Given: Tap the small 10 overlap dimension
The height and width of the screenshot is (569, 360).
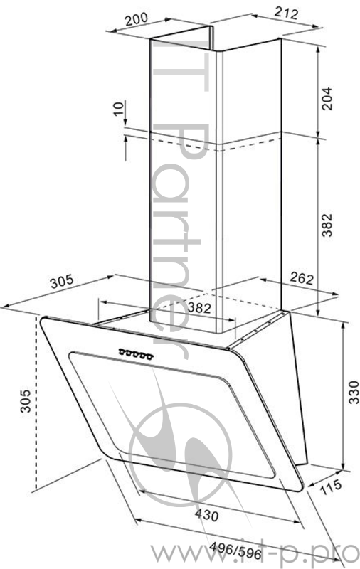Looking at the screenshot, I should coord(117,109).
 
